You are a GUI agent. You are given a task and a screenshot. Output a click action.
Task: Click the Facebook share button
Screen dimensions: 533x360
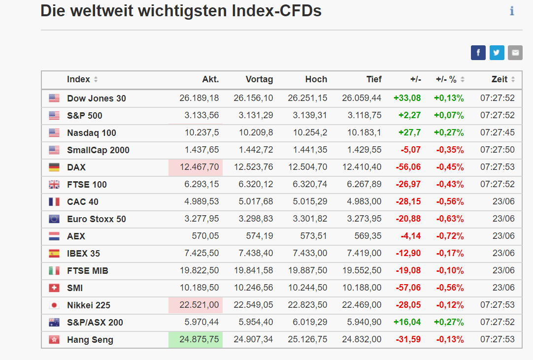click(x=478, y=53)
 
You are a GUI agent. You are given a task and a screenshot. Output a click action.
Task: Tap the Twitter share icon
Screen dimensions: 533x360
click(x=497, y=53)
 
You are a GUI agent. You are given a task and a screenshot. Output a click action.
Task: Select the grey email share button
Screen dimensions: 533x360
click(x=515, y=53)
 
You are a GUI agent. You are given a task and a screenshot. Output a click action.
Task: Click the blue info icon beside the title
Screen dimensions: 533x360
click(x=512, y=11)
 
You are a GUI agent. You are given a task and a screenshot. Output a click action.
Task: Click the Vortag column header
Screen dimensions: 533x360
click(x=259, y=80)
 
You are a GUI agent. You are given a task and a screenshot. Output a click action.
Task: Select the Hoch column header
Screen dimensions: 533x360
click(x=316, y=80)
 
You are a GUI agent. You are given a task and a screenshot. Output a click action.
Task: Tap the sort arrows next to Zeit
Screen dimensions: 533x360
click(x=513, y=80)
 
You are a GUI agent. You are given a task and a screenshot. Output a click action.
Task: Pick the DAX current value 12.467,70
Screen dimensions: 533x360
click(x=199, y=167)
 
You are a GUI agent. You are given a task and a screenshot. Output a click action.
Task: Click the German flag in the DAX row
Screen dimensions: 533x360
click(x=54, y=167)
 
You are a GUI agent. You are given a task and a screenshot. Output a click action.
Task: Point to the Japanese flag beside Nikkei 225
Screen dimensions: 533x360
click(x=54, y=305)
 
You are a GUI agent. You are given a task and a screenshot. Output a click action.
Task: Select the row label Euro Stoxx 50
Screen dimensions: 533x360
click(x=97, y=219)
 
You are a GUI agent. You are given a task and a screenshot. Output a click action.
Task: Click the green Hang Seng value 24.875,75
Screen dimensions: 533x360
click(x=199, y=340)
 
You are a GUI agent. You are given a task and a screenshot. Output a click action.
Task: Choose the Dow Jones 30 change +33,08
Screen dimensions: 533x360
click(x=407, y=98)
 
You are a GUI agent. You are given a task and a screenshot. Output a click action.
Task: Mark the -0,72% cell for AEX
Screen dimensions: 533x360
click(x=450, y=236)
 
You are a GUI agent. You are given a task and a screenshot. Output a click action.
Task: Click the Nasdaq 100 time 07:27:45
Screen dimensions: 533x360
click(x=498, y=132)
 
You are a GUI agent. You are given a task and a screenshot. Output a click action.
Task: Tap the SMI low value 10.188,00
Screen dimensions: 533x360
click(x=362, y=288)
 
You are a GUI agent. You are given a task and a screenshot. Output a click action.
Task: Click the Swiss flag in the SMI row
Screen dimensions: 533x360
click(x=54, y=288)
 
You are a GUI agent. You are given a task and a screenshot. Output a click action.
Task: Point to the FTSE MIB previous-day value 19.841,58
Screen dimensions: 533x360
click(x=253, y=270)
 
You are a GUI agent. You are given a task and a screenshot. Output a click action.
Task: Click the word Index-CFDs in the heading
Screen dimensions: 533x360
click(x=276, y=11)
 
